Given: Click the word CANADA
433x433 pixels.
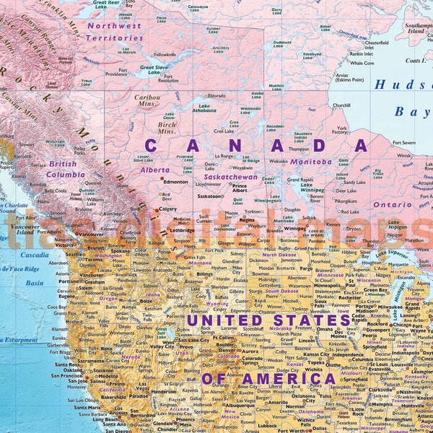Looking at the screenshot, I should [x=256, y=146].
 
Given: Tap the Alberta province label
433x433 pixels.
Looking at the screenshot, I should [x=155, y=170].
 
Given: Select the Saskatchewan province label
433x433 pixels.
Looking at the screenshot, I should [x=230, y=177].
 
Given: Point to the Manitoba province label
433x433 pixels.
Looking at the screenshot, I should [x=311, y=162].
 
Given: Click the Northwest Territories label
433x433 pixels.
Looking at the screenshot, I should [x=114, y=30].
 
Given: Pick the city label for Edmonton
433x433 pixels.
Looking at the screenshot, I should [x=176, y=182].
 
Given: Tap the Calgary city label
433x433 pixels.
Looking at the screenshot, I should [x=167, y=209].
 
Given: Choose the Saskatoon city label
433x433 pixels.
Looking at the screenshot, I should [x=209, y=196].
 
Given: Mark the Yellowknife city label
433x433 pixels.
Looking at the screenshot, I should [x=165, y=54].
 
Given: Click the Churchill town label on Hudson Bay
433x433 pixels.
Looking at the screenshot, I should [x=341, y=105].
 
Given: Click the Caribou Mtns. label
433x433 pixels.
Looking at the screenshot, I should [x=147, y=100].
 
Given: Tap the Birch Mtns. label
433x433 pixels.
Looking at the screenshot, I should [x=167, y=128].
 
